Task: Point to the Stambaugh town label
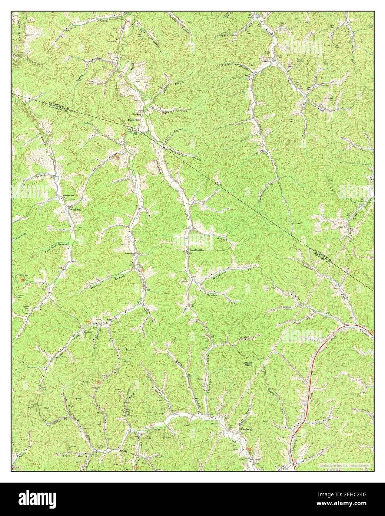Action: click(x=246, y=430)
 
